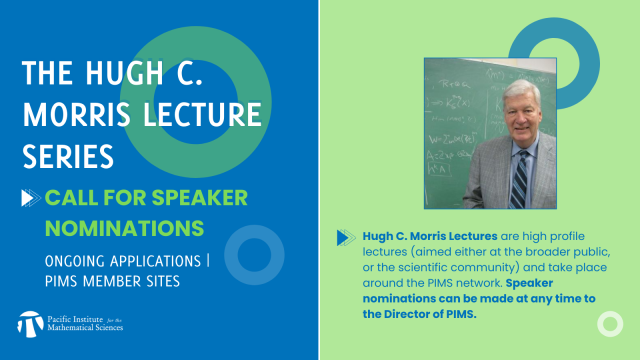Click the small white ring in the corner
click(x=609, y=325)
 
